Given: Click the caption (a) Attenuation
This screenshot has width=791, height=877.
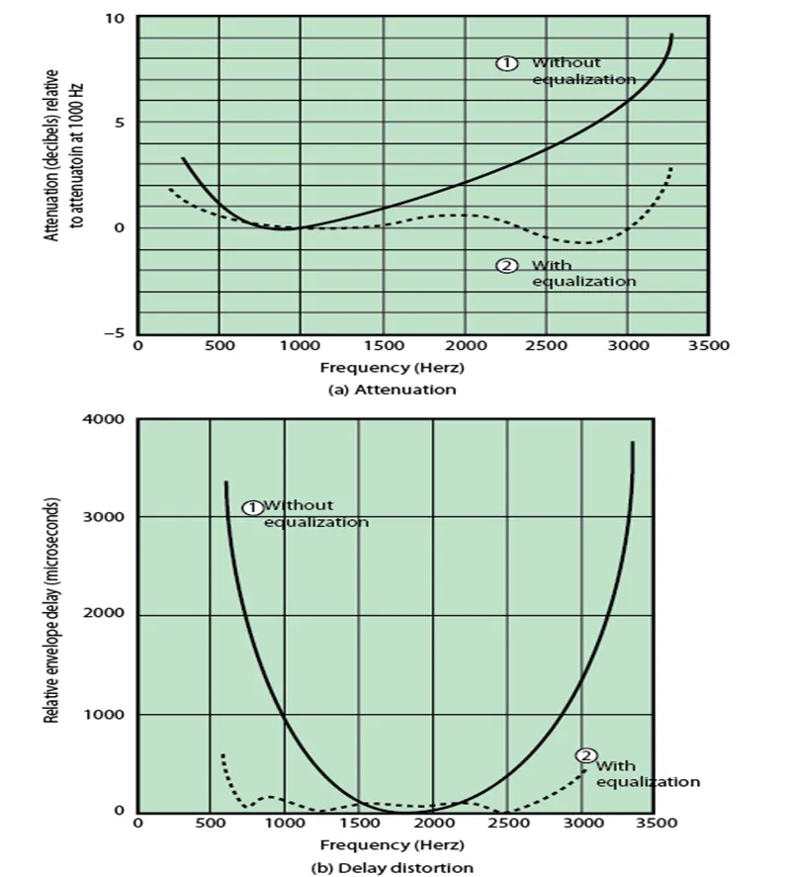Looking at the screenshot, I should [392, 390].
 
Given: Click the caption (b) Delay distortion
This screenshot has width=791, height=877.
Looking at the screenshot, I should [392, 867].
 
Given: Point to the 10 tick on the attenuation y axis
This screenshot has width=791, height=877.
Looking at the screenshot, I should [116, 19].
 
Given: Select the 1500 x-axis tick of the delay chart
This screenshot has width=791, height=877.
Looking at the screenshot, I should [359, 823].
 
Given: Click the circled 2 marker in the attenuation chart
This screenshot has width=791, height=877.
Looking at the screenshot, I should [507, 265].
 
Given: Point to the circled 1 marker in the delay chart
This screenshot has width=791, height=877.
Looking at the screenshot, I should [252, 507].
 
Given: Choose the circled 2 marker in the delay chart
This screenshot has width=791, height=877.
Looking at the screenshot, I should [586, 756].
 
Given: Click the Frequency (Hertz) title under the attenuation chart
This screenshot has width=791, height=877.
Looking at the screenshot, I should [392, 367].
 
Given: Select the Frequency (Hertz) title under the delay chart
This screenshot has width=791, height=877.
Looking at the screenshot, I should [392, 845].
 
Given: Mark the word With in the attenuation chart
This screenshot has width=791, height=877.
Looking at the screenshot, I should [552, 265].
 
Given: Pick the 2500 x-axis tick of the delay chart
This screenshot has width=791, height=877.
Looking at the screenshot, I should [507, 823].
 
